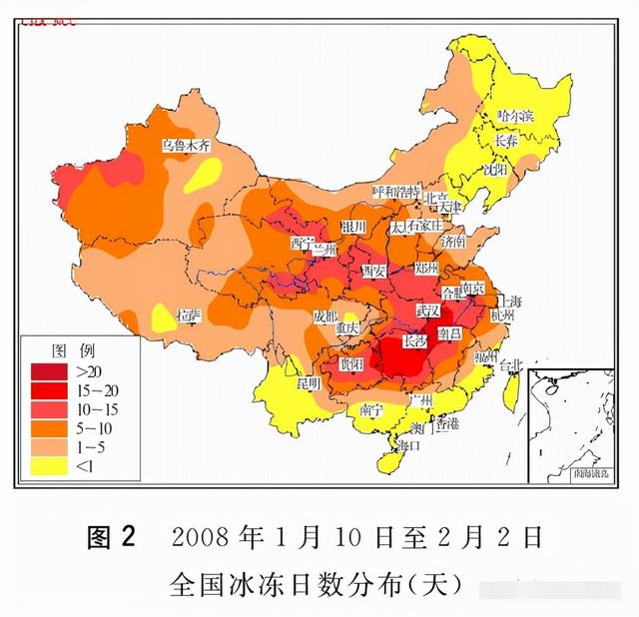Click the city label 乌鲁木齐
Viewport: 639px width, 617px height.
pos(187,145)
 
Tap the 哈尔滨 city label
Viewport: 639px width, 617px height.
pos(515,116)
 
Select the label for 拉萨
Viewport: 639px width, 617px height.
pos(188,314)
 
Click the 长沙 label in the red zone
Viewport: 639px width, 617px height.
pos(413,341)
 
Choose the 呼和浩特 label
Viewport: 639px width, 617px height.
pos(397,191)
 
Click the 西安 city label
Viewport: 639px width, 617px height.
pos(373,271)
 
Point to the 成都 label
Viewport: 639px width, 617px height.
pos(325,316)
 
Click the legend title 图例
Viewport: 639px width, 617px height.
pos(73,351)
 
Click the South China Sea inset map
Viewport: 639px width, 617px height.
pos(570,423)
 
